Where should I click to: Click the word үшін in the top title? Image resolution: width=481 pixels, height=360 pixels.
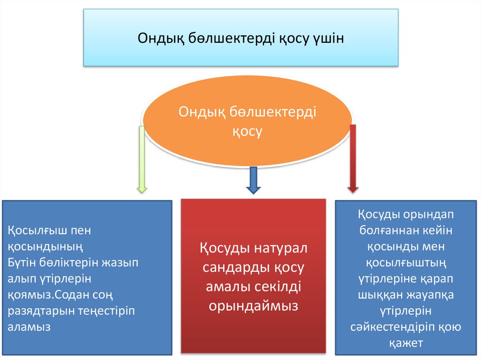tap(327, 38)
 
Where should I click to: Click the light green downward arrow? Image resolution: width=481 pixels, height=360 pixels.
tap(141, 160)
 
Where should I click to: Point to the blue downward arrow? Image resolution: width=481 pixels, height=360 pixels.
tap(253, 180)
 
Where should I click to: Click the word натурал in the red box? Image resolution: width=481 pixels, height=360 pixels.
tap(280, 247)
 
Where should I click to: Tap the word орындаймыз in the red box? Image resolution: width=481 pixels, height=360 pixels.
tap(254, 306)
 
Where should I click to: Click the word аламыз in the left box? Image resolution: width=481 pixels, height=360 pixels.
tap(29, 327)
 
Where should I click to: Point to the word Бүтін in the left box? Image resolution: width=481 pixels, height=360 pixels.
tap(22, 262)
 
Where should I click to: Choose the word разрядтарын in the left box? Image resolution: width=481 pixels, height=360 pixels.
tap(39, 311)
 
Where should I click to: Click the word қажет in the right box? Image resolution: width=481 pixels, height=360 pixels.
tap(406, 343)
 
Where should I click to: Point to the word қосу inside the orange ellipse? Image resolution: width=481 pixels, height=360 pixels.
tap(247, 131)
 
